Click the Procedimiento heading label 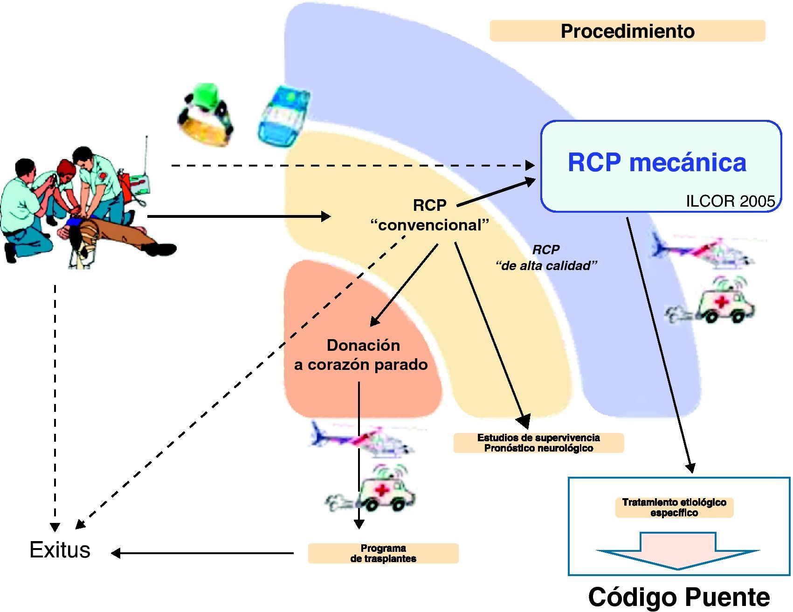(627, 31)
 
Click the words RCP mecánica (656, 163)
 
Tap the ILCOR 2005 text (730, 201)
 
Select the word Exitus (60, 550)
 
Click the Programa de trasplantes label (383, 553)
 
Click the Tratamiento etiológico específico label (674, 508)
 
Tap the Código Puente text (679, 597)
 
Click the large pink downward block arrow (678, 551)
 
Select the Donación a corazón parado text (361, 355)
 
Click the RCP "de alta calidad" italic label (546, 257)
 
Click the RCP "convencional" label (429, 215)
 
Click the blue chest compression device (283, 115)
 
